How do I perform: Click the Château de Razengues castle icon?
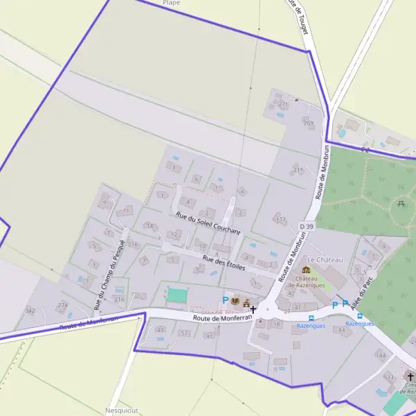[306, 270]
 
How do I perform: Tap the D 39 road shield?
[306, 227]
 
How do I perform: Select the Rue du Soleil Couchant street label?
[208, 222]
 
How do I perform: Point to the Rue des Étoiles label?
[224, 261]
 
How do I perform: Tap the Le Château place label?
[325, 259]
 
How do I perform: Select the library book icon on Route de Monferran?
[236, 301]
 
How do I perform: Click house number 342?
[30, 311]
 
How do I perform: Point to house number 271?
[282, 104]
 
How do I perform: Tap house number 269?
[308, 123]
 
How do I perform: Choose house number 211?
[298, 169]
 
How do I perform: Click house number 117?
[280, 220]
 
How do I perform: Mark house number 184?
[380, 355]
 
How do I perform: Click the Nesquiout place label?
[123, 410]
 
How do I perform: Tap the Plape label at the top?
[171, 3]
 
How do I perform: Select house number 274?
[62, 305]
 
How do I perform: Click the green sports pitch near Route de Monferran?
[177, 295]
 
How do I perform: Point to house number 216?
[119, 300]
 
